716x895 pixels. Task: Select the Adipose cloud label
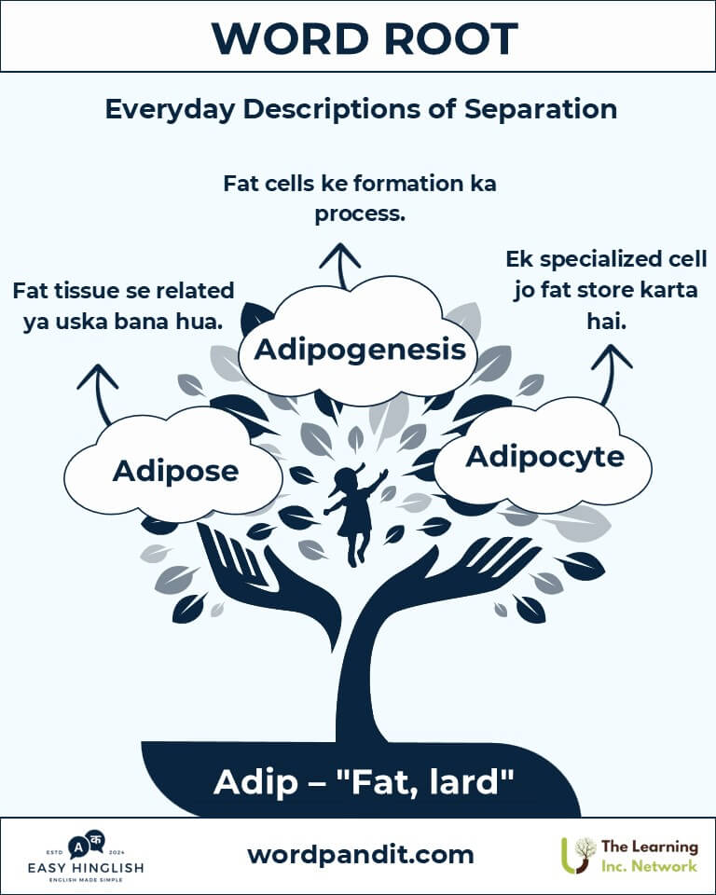point(175,471)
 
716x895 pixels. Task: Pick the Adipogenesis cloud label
point(360,350)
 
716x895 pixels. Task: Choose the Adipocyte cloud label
point(544,457)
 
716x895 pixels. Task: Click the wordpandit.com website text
point(360,854)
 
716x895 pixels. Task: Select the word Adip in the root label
point(251,782)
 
